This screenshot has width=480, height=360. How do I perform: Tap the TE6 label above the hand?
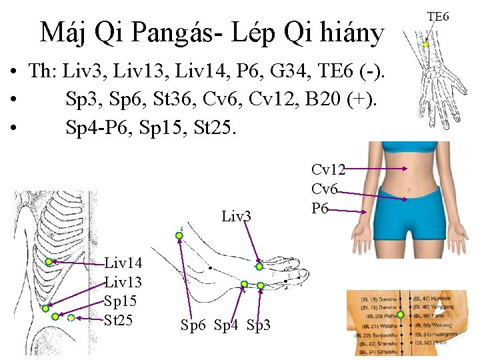[x=437, y=15]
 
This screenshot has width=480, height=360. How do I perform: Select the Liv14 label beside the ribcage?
[x=123, y=267]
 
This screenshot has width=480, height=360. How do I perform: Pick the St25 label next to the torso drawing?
[x=121, y=320]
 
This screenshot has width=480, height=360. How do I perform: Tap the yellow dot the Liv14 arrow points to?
[x=49, y=262]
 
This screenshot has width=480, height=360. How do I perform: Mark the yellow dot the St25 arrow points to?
[x=71, y=319]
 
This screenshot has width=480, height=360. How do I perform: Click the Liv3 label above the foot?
[x=237, y=216]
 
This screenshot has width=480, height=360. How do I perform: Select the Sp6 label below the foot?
[x=193, y=326]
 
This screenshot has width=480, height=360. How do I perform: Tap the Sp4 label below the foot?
[x=225, y=326]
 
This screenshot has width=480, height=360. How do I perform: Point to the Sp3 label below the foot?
[x=259, y=326]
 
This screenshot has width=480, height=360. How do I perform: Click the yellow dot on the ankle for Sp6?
[x=179, y=235]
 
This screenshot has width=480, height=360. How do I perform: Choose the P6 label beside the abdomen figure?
[x=320, y=209]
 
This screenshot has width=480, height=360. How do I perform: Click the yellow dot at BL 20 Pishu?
[x=401, y=314]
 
